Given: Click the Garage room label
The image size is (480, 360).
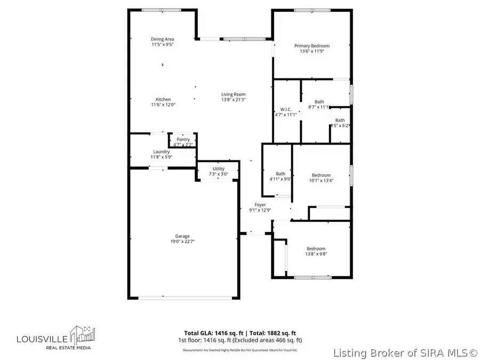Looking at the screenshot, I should [x=182, y=236].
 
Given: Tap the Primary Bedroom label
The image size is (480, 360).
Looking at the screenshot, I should [x=312, y=46].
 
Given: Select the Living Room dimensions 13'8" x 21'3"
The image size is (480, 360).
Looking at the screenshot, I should [x=233, y=100].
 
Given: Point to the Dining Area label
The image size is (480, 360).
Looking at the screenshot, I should [x=162, y=39].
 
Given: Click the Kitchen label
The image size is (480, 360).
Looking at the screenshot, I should [x=163, y=99].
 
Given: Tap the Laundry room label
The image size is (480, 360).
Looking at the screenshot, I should [x=161, y=151].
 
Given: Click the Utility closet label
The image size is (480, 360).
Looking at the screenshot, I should [x=218, y=169].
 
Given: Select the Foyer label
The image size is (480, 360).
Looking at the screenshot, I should [x=260, y=204].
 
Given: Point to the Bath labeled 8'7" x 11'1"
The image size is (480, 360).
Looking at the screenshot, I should [x=319, y=102].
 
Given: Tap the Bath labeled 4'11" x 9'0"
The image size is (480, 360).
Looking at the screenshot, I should [x=281, y=174].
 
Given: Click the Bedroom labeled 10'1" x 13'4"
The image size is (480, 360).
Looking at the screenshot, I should [x=321, y=175].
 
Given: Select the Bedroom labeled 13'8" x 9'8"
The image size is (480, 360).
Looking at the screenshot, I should [x=316, y=249].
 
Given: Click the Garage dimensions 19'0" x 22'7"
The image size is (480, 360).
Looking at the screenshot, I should [x=182, y=242].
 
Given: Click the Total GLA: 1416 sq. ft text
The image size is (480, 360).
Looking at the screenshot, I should [x=209, y=332].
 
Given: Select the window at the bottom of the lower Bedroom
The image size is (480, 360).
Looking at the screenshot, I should [x=312, y=277].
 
